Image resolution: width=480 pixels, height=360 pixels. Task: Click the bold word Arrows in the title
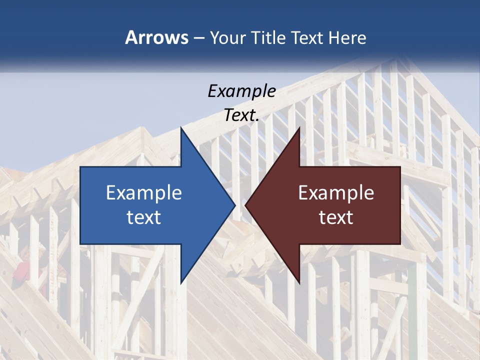point(156,37)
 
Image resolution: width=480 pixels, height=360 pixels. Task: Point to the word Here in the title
point(347,37)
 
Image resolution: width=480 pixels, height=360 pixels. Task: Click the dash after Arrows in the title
point(198,38)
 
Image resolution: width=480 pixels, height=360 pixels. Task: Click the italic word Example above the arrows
point(241,91)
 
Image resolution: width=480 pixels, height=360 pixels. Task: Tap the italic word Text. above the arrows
point(241,115)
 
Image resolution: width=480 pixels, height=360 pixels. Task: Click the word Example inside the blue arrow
point(144,193)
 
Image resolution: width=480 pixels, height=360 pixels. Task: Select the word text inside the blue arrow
point(144,217)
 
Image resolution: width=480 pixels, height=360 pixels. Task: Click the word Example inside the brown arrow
point(336,193)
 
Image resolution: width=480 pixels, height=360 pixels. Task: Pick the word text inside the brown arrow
point(336,217)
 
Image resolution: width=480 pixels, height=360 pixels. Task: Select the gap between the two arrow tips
point(240,205)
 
